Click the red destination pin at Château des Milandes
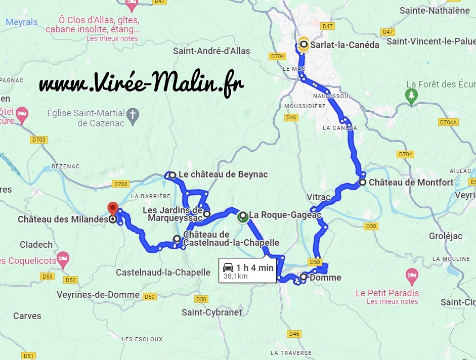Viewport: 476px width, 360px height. tap(112, 208)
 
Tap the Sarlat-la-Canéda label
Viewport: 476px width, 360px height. tap(344, 44)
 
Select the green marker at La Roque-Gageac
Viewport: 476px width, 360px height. tap(242, 216)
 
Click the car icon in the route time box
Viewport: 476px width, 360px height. tap(229, 267)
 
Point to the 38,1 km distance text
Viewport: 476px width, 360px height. tap(235, 276)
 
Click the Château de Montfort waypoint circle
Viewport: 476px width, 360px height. tap(363, 182)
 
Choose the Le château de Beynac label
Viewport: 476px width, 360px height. tap(223, 174)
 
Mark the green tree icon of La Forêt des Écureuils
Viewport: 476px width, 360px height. tap(412, 95)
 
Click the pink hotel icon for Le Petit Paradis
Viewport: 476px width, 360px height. tap(412, 276)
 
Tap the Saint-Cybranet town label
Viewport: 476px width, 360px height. tap(211, 312)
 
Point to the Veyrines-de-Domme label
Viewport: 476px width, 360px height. tap(98, 295)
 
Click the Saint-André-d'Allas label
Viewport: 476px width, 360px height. tap(211, 51)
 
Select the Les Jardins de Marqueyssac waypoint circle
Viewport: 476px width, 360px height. tap(207, 214)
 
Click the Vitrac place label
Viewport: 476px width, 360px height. tap(318, 196)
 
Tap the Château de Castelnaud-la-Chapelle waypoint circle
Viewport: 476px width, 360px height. tap(177, 239)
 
